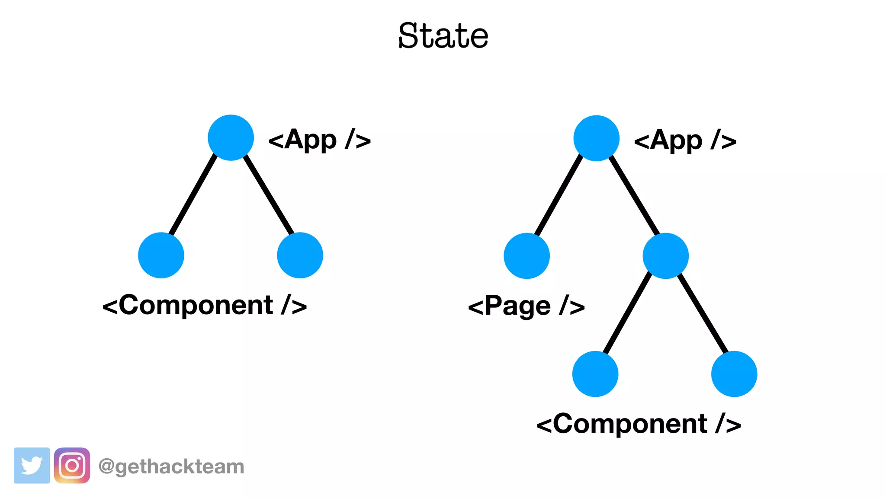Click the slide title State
tap(443, 35)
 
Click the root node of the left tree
tap(231, 137)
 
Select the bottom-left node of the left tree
tap(161, 255)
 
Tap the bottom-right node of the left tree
tap(300, 255)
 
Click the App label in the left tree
tap(319, 140)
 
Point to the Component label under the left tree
tap(204, 305)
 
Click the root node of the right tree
tap(596, 138)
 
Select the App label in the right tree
tap(685, 140)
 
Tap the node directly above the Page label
tap(526, 255)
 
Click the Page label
tap(526, 306)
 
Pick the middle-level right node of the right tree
tap(665, 255)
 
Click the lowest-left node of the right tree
tap(595, 373)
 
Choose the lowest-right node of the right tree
tap(734, 373)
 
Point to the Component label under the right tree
tap(639, 424)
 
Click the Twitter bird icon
tap(32, 466)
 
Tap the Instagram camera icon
tap(72, 466)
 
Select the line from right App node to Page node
tap(559, 197)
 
